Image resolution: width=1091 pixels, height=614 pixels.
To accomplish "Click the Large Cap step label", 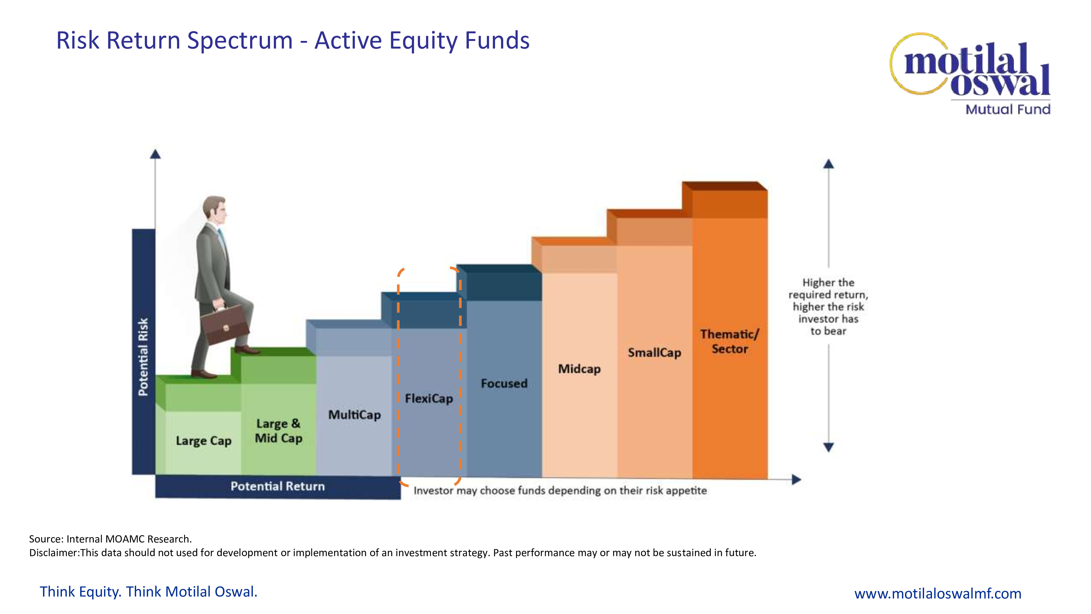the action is pyautogui.click(x=204, y=441).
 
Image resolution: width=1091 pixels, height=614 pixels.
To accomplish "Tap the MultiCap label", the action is pyautogui.click(x=355, y=415).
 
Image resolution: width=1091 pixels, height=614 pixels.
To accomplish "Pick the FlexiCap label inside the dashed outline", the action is pyautogui.click(x=429, y=398).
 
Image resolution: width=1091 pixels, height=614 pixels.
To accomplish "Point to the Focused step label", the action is pyautogui.click(x=504, y=383).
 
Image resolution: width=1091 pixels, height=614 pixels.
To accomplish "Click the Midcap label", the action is pyautogui.click(x=579, y=369).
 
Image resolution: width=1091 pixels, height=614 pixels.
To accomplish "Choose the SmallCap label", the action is pyautogui.click(x=654, y=353).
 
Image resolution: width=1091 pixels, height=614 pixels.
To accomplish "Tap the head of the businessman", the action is pyautogui.click(x=214, y=211).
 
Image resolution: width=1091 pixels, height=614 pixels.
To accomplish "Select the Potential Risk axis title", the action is pyautogui.click(x=143, y=357).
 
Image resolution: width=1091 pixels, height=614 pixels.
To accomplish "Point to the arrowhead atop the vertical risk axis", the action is pyautogui.click(x=155, y=154).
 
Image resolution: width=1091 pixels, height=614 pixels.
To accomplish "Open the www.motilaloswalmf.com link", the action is pyautogui.click(x=938, y=593).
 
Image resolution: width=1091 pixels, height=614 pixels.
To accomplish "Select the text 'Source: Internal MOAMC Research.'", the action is pyautogui.click(x=110, y=539).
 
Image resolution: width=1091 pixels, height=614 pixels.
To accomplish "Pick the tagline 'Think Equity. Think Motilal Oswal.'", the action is pyautogui.click(x=149, y=592).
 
